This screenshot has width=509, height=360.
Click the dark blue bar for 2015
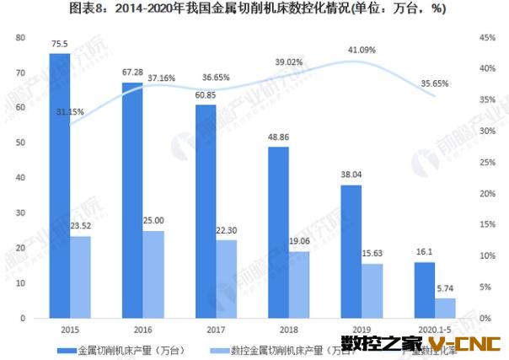59,185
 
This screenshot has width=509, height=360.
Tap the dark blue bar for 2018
278,233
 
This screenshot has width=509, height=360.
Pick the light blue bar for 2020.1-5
445,308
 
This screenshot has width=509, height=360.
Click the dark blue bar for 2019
351,251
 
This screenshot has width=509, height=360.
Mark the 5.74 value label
446,288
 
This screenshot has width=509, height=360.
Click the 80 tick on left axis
23,38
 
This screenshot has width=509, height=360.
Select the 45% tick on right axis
485,38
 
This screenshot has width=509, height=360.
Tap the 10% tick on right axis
485,256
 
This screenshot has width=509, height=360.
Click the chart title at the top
254,11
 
